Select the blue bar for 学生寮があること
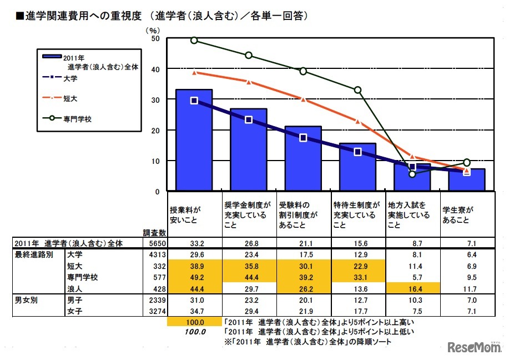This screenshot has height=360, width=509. coord(467,181)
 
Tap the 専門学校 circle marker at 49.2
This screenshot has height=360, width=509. coord(194,40)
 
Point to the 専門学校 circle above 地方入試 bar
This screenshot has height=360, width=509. coord(412,174)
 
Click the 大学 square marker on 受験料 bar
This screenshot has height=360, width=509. coord(303,138)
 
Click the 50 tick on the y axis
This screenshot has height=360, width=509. coord(155,38)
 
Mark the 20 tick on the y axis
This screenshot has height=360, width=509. coord(155,130)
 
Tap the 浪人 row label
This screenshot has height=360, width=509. coord(73,289)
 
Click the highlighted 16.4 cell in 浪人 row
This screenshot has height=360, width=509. coord(412,289)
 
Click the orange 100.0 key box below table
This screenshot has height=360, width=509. coord(194,322)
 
